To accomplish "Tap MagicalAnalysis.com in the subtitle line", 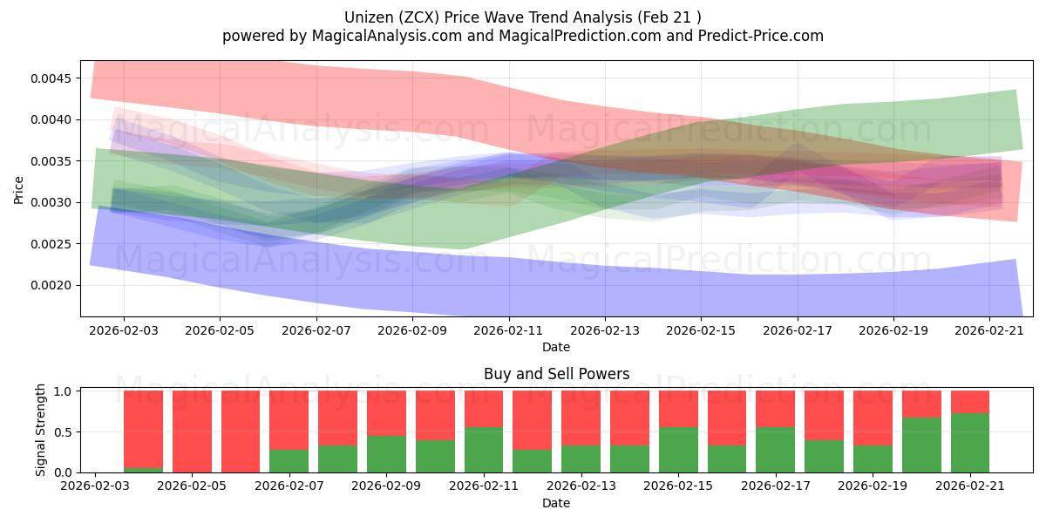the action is tap(387, 36).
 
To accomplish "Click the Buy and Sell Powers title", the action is tap(556, 374).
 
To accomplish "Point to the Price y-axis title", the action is tap(18, 190).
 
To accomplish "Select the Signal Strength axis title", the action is tap(40, 430).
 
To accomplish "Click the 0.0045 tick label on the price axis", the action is tap(51, 78).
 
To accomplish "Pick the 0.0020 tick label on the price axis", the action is tap(51, 285).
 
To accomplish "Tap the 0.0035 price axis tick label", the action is tap(51, 161).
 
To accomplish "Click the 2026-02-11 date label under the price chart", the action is tap(508, 330).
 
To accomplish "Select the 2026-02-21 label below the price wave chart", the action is tap(989, 330).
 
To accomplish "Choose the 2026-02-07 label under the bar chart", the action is tap(289, 486).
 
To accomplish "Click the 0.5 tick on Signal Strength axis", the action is tap(63, 432).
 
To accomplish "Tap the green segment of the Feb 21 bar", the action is tap(970, 443).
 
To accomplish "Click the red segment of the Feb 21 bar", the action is tap(970, 402).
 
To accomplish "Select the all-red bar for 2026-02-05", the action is tap(192, 431).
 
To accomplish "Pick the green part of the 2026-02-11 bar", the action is tap(484, 450).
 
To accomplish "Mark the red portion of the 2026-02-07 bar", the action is tap(289, 420).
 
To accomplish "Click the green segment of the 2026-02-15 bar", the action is tap(678, 450).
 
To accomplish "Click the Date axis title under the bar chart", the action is tap(556, 504).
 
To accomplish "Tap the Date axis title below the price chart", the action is tap(556, 348).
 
